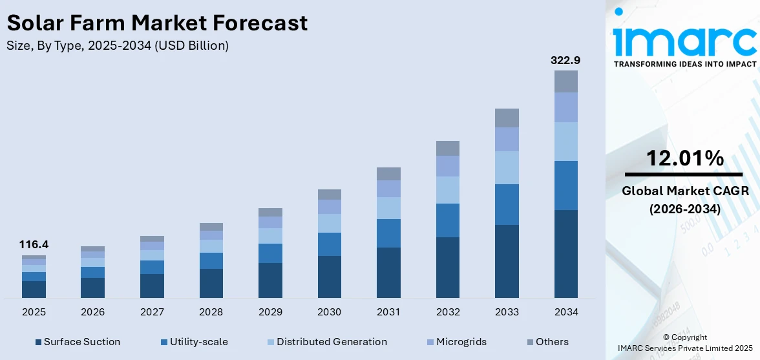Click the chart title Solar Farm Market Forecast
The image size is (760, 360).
157,23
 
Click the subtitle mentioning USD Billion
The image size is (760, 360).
118,46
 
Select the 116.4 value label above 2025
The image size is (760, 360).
34,244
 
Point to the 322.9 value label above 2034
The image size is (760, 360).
565,60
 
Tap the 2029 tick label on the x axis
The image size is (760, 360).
270,312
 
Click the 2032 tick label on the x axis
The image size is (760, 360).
447,312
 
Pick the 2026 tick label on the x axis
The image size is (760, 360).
92,312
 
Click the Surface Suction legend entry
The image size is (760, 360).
81,341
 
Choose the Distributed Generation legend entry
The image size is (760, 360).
332,341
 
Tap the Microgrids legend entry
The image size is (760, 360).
461,341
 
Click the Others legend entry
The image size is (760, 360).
551,341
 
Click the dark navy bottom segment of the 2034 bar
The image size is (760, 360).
565,253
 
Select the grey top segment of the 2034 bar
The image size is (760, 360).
565,81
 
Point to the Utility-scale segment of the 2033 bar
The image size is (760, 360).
507,204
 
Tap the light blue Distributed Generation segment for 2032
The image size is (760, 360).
447,190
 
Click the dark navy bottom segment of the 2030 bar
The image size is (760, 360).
329,277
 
